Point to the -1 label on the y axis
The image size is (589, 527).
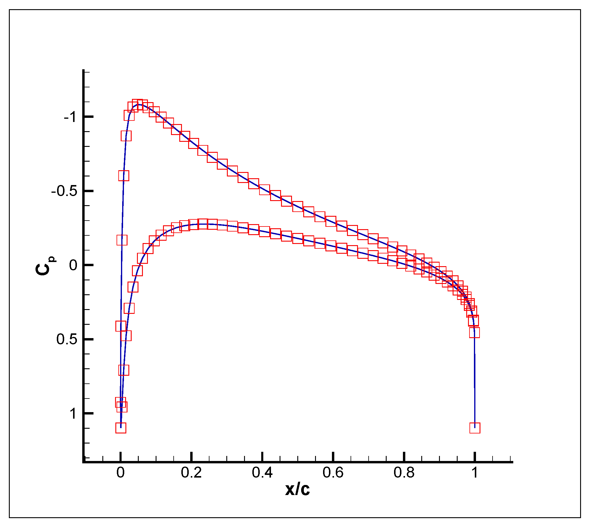click(x=70, y=117)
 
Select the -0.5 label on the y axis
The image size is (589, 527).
click(x=64, y=191)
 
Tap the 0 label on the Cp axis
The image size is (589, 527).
click(x=73, y=265)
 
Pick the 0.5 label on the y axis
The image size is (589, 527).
click(x=67, y=339)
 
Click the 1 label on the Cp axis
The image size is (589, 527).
click(x=73, y=413)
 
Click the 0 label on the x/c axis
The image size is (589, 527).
click(x=120, y=473)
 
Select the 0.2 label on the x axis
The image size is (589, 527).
click(x=191, y=473)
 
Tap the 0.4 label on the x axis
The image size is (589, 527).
click(x=262, y=473)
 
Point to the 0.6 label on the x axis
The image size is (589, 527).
click(x=333, y=473)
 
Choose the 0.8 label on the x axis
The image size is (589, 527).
click(x=404, y=473)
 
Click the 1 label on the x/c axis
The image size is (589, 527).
click(x=475, y=473)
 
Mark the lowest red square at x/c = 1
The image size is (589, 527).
click(x=475, y=428)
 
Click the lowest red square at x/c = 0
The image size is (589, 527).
click(x=121, y=428)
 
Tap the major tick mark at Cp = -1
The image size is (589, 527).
click(x=88, y=117)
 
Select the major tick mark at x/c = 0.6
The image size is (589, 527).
click(x=333, y=457)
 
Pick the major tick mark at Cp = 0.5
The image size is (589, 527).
click(x=88, y=339)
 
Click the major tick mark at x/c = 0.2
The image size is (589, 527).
click(x=192, y=457)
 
